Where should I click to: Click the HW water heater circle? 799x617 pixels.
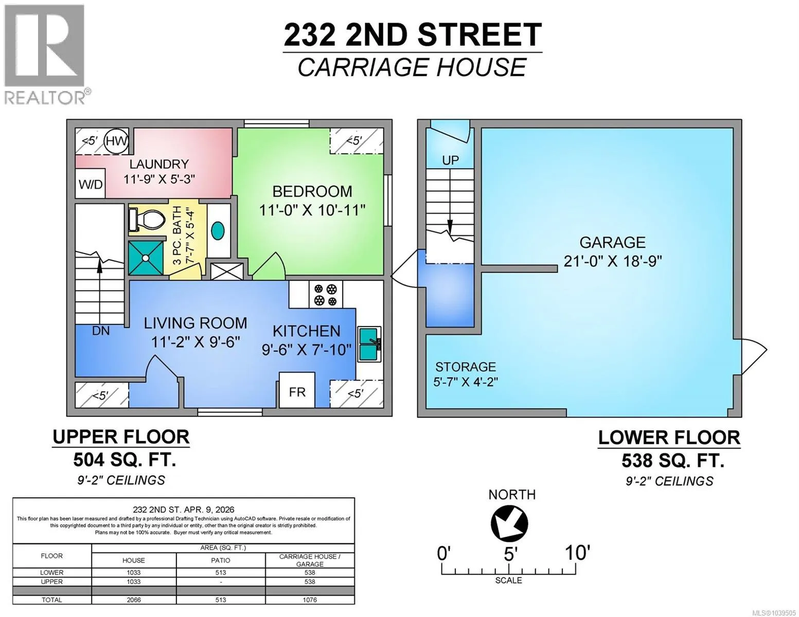pyautogui.click(x=116, y=141)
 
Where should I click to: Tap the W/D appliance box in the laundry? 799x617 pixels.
pyautogui.click(x=91, y=184)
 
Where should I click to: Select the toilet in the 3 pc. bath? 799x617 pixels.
pyautogui.click(x=146, y=220)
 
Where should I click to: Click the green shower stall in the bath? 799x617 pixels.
pyautogui.click(x=146, y=258)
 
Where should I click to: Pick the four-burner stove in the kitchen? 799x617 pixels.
pyautogui.click(x=325, y=295)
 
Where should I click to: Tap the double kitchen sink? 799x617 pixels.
pyautogui.click(x=369, y=343)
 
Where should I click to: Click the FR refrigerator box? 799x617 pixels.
pyautogui.click(x=297, y=390)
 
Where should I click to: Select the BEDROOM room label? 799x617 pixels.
pyautogui.click(x=312, y=191)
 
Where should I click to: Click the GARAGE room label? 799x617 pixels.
pyautogui.click(x=613, y=243)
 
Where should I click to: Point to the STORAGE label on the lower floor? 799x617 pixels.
pyautogui.click(x=466, y=367)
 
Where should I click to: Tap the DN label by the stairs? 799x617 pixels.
pyautogui.click(x=101, y=331)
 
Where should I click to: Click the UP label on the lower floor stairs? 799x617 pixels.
pyautogui.click(x=450, y=160)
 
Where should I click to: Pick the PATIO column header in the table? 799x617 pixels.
pyautogui.click(x=221, y=560)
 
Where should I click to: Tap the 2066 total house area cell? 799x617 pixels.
pyautogui.click(x=133, y=600)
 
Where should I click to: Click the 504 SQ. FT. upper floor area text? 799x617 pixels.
pyautogui.click(x=125, y=459)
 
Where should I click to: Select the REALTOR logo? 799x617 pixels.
pyautogui.click(x=45, y=55)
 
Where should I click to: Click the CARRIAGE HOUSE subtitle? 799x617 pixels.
pyautogui.click(x=412, y=67)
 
